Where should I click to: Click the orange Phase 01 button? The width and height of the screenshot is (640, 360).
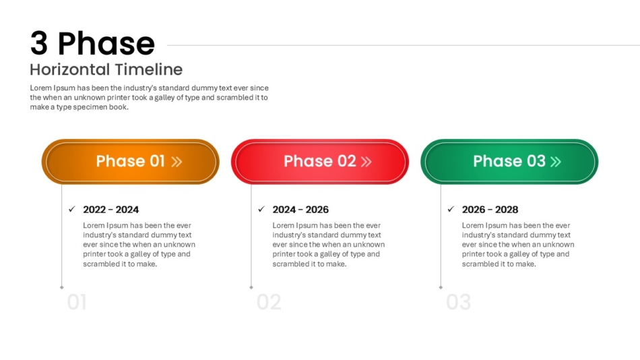click(130, 161)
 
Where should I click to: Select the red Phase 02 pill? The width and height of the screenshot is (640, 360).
click(319, 161)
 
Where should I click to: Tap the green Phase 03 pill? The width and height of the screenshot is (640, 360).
click(509, 161)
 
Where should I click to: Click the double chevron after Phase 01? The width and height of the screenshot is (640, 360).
click(177, 162)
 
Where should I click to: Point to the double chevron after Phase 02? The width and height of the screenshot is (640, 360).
click(366, 162)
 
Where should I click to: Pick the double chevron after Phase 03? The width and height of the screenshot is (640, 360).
click(556, 162)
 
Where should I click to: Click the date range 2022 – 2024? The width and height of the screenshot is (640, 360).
click(111, 210)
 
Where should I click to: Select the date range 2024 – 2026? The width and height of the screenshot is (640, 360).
click(300, 210)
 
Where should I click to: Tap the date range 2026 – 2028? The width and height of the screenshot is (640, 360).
click(490, 210)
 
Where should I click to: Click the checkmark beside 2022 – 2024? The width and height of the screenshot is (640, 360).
click(72, 209)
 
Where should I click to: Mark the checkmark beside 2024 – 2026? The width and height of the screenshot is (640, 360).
click(261, 209)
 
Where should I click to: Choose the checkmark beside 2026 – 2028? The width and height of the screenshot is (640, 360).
click(451, 209)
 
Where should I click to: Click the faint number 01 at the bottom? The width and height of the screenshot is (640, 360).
click(77, 303)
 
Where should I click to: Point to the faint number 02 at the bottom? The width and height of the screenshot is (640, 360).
click(269, 303)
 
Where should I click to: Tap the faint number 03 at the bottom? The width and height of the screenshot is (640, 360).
click(458, 303)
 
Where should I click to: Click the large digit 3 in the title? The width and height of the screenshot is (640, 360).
click(39, 43)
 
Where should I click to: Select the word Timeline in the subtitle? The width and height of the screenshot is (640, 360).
click(149, 69)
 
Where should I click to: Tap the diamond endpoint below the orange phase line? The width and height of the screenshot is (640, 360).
click(61, 288)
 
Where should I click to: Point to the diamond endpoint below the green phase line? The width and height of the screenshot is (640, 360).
click(441, 288)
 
